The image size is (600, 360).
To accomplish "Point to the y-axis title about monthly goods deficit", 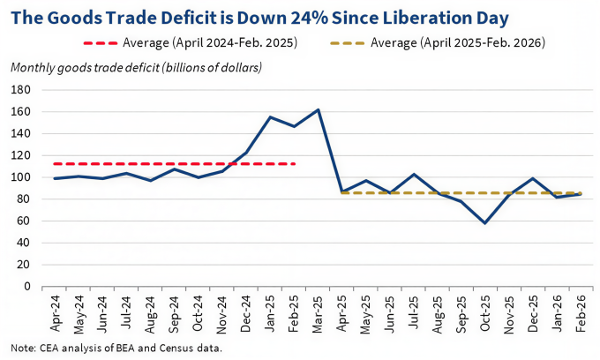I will pyautogui.click(x=136, y=67).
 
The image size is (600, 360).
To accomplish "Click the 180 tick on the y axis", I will pyautogui.click(x=21, y=90).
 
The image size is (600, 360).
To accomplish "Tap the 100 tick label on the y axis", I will pyautogui.click(x=21, y=177).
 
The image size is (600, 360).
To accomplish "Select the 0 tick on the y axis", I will pyautogui.click(x=27, y=286).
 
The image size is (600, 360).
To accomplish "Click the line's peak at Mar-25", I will pyautogui.click(x=318, y=109).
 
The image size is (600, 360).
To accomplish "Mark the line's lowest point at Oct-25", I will pyautogui.click(x=484, y=223).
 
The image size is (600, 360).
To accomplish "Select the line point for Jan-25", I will pyautogui.click(x=270, y=117).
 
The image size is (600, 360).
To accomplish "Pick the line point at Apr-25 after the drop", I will pyautogui.click(x=341, y=191).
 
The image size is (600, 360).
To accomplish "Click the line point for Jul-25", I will pyautogui.click(x=413, y=174).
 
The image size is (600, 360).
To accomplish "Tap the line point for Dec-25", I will pyautogui.click(x=532, y=178).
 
